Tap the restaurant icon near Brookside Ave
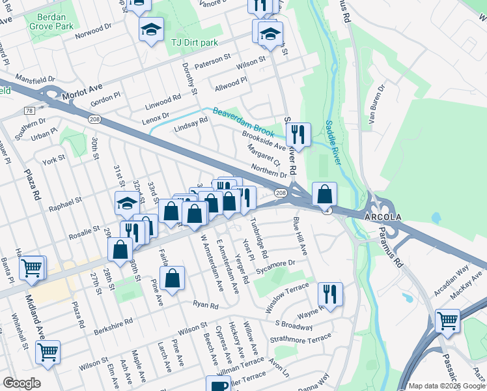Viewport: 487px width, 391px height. point(298,134)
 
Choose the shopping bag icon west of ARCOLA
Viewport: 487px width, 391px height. point(324,194)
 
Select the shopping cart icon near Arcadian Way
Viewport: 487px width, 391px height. point(447,320)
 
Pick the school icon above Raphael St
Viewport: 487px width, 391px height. point(126,203)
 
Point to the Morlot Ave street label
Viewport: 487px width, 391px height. point(83,92)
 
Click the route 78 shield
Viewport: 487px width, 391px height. point(29,111)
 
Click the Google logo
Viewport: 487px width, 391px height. point(21,383)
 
